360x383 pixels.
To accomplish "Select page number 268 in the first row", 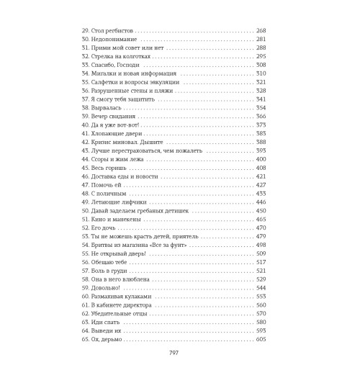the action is coord(261,30).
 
